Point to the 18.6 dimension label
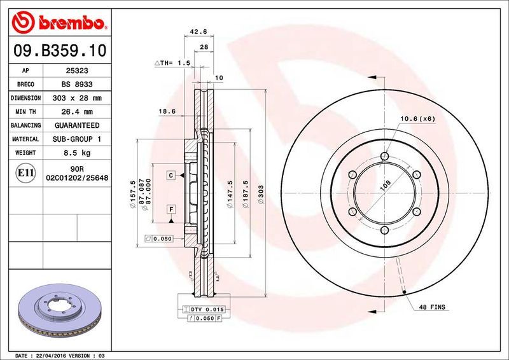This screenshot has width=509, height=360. point(167,111)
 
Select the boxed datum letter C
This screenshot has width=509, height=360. point(171,174)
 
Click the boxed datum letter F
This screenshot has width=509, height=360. point(171,209)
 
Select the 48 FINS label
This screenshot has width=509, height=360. point(433,308)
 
